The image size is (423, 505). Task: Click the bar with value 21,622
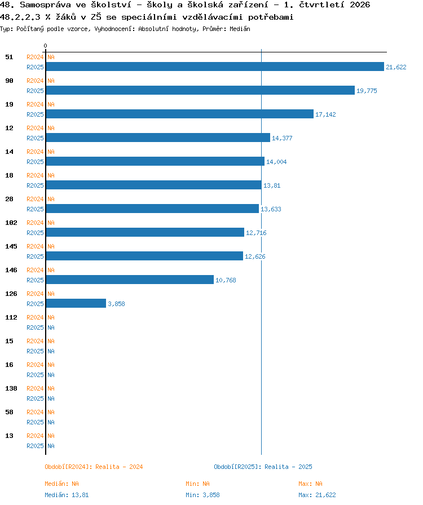pos(215,67)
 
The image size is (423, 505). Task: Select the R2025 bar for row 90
pos(200,90)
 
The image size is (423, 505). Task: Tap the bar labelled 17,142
pos(179,114)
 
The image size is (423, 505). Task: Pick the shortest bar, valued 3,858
pos(76,303)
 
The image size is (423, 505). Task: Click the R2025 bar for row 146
pos(130,280)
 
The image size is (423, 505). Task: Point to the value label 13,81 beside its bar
pos(272,185)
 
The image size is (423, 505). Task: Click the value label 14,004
pos(276,162)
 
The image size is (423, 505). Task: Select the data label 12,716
pos(256,233)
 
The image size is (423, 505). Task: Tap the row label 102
pos(11,223)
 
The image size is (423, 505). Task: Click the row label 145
pos(11,246)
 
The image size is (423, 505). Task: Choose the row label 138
pos(11,388)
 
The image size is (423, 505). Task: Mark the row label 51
pos(10,57)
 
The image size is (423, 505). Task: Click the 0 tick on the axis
pos(46,46)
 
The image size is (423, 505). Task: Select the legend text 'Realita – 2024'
pos(119,467)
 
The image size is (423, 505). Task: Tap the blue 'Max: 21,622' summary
pos(317,495)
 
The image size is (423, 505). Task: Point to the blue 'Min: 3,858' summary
pos(202,495)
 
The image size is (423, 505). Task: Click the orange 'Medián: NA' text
pos(61,484)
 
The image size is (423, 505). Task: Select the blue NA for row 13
pos(51,446)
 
